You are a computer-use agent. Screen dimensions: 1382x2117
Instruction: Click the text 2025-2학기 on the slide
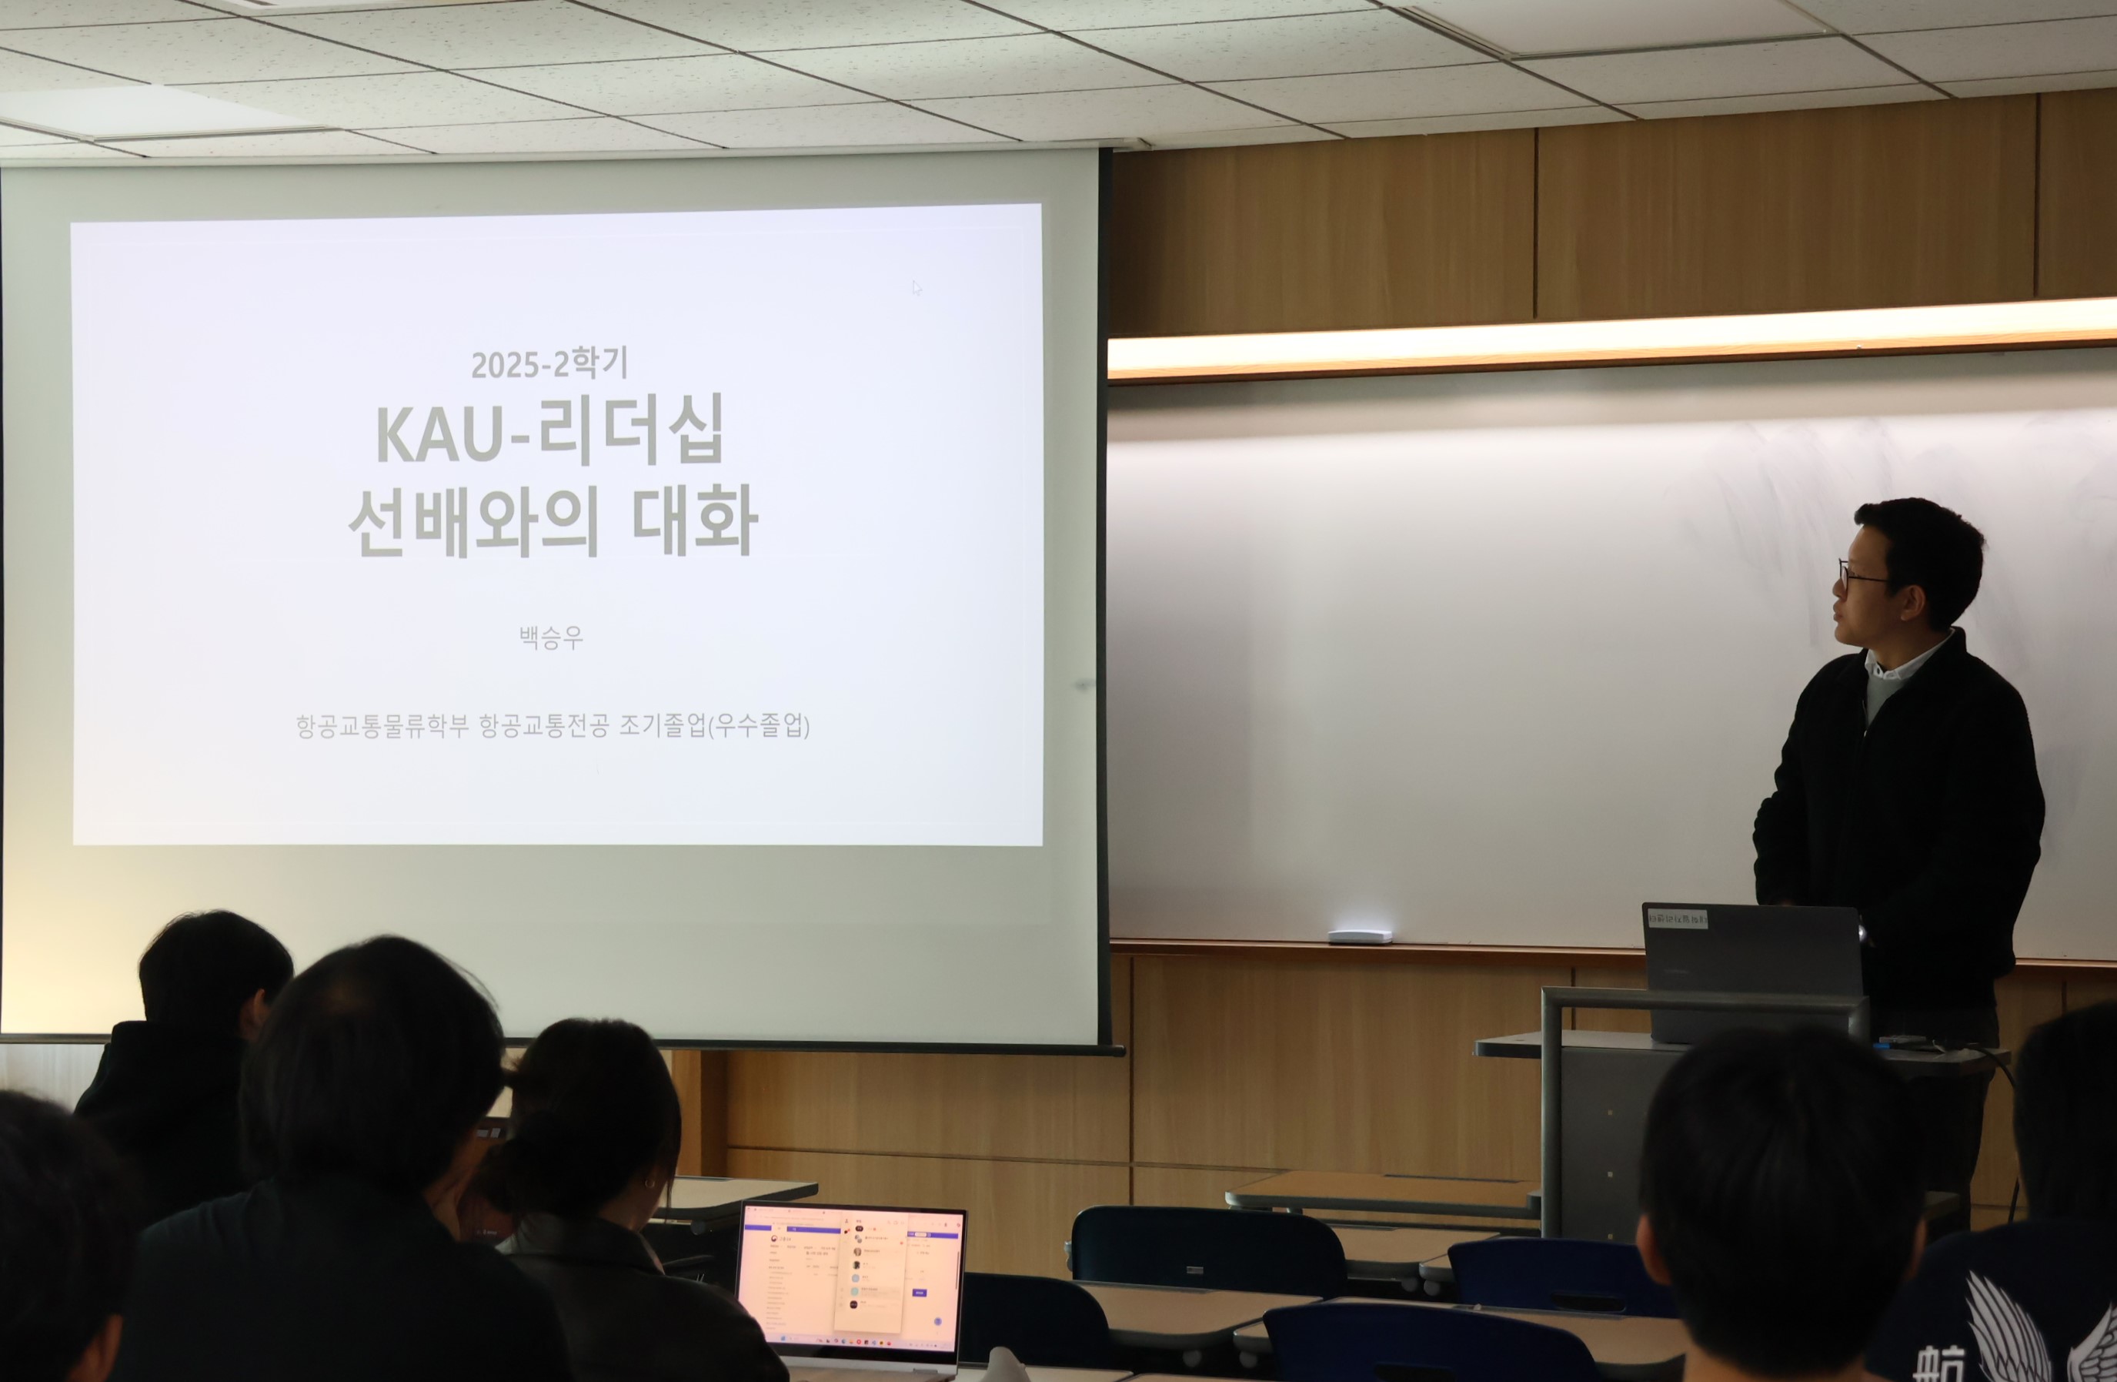pos(549,364)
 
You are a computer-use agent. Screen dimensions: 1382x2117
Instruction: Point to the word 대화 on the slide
pos(695,520)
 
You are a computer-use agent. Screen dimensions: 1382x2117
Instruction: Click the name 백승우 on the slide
pos(550,637)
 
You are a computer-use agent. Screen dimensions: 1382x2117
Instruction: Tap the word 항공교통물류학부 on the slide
pos(382,725)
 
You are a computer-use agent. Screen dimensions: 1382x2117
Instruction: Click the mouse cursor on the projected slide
pos(917,288)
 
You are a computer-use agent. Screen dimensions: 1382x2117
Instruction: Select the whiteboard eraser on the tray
pos(1359,936)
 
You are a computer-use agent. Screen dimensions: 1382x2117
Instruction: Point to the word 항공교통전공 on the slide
pos(543,725)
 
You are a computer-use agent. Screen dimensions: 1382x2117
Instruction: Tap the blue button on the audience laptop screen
pos(919,1292)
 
